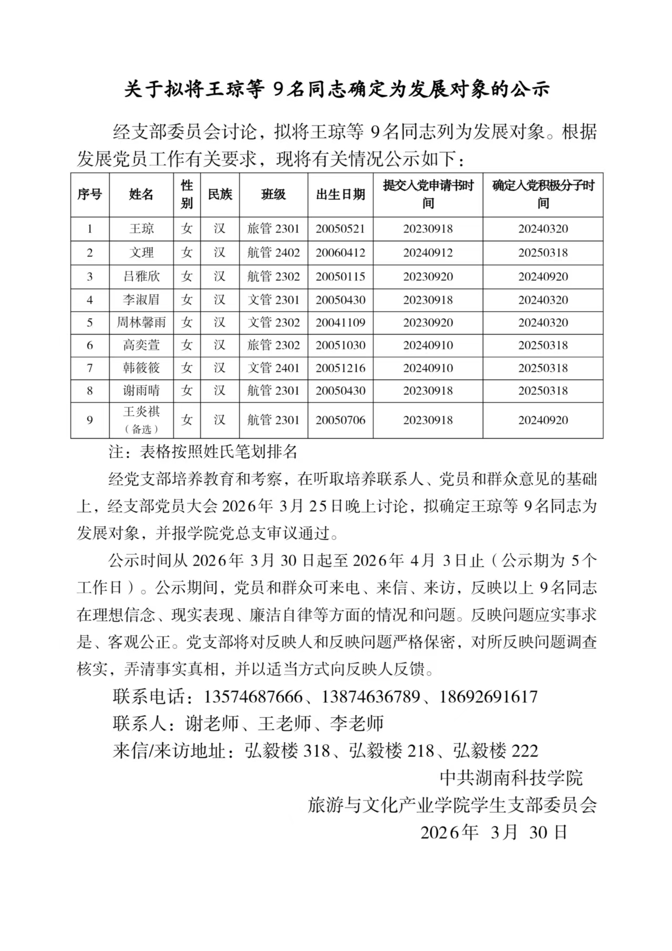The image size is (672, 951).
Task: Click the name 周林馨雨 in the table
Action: [x=141, y=322]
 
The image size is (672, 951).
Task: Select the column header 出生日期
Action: [x=340, y=195]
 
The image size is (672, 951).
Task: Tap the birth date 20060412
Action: [x=340, y=252]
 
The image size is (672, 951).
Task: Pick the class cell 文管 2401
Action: [x=273, y=368]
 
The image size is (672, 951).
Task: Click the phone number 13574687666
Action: [x=253, y=697]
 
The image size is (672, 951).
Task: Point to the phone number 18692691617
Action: [x=488, y=697]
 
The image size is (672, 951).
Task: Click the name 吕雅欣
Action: [x=141, y=277]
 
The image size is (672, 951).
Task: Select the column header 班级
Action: [x=273, y=195]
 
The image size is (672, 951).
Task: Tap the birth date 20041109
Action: [x=340, y=322]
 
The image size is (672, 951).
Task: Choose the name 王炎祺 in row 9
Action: [x=141, y=411]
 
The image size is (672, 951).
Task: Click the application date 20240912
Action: [x=428, y=252]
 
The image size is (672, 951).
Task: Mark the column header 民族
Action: [x=220, y=195]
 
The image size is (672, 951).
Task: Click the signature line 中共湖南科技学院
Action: [x=511, y=778]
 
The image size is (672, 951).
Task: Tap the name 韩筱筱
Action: [x=141, y=368]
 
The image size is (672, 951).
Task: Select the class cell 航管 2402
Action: [x=273, y=252]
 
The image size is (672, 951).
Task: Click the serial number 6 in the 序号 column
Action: [x=90, y=345]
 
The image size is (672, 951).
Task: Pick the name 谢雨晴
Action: [x=141, y=391]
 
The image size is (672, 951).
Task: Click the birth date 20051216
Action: [x=340, y=368]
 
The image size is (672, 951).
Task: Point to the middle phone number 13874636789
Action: [x=370, y=697]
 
